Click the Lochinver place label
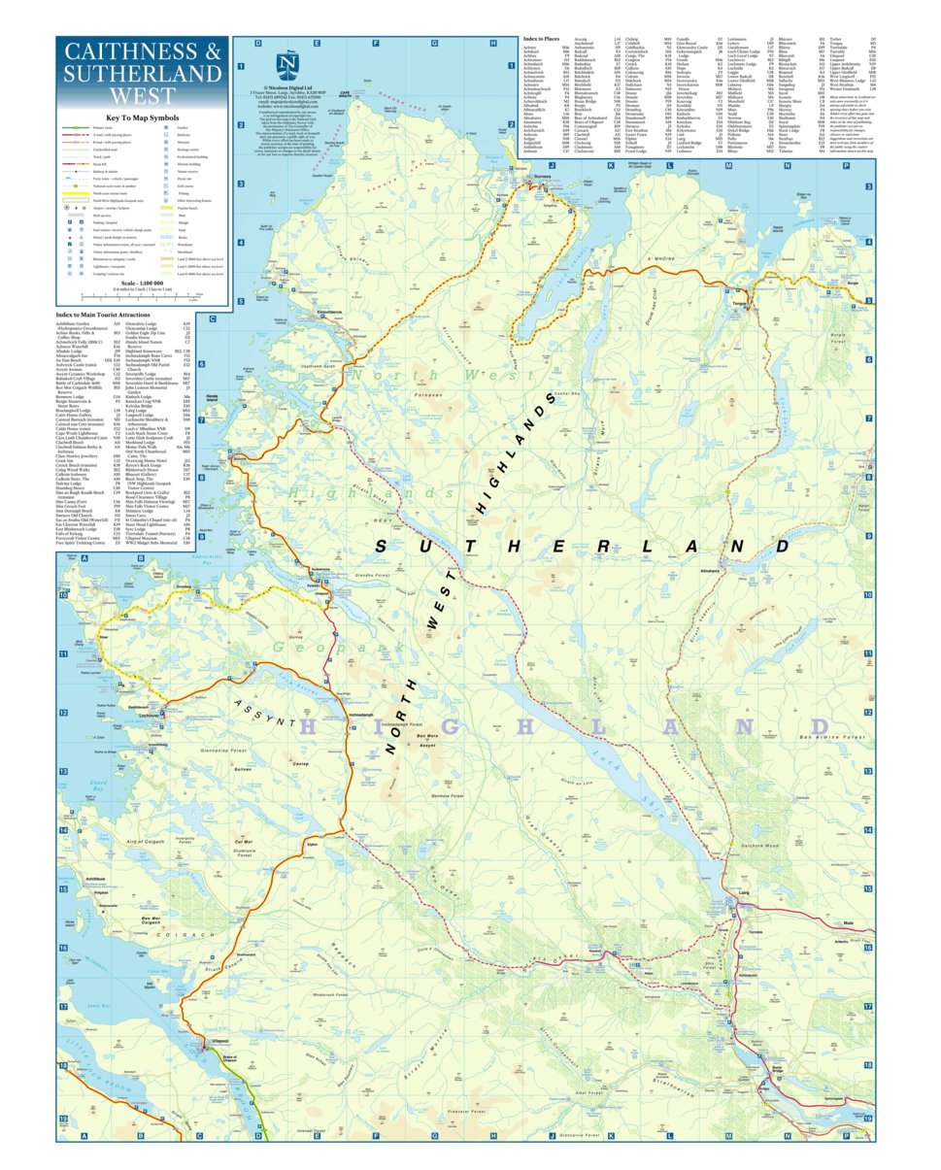149,716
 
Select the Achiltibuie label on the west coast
94,878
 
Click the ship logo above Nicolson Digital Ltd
287,65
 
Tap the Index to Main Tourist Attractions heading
117,316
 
